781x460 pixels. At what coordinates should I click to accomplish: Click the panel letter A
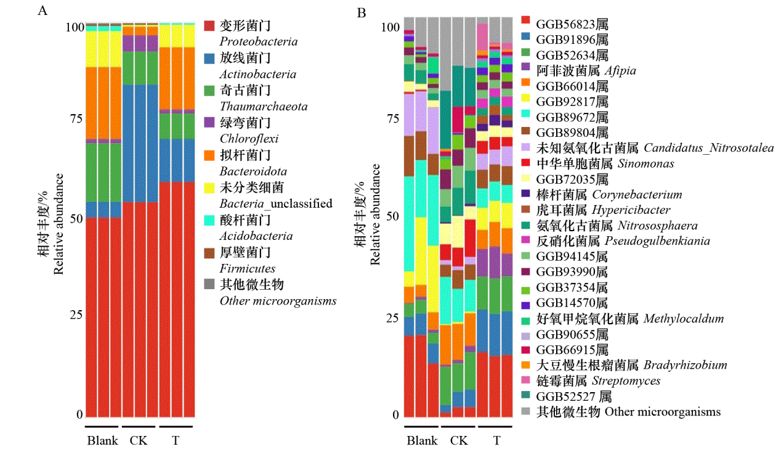[x=42, y=10]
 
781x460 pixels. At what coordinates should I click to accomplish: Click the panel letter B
[x=362, y=13]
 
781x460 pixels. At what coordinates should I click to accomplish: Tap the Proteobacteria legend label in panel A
[x=259, y=41]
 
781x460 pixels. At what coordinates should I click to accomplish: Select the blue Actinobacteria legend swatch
[x=209, y=59]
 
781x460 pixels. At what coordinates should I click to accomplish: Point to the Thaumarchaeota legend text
[x=264, y=106]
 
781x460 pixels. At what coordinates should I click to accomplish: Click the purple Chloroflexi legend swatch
[x=209, y=122]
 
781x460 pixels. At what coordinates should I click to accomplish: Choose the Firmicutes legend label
[x=247, y=268]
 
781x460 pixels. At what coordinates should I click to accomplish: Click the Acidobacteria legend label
[x=256, y=236]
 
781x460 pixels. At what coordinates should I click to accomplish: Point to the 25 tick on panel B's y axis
[x=392, y=318]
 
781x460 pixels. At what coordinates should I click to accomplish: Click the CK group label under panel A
[x=139, y=440]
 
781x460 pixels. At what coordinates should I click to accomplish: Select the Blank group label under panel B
[x=422, y=440]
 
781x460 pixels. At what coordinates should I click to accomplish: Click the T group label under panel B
[x=496, y=440]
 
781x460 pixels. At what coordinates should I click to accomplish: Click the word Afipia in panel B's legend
[x=620, y=71]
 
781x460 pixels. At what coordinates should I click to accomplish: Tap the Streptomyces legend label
[x=626, y=381]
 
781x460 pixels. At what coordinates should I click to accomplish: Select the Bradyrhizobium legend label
[x=685, y=365]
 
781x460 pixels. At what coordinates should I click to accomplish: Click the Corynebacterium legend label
[x=637, y=195]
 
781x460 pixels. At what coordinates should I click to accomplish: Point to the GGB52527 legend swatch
[x=525, y=395]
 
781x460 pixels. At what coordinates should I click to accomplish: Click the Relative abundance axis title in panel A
[x=59, y=224]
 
